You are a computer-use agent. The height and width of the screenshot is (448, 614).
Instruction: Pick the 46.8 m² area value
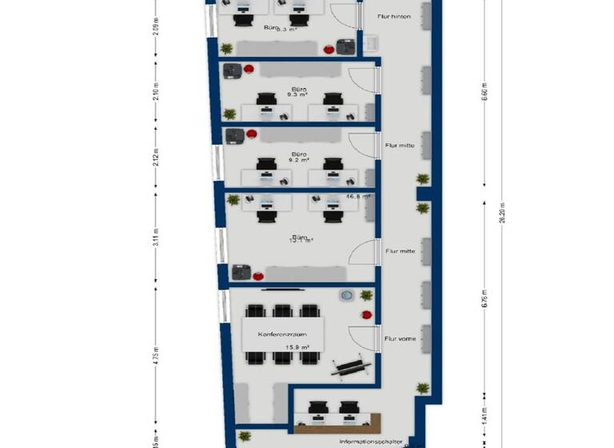[x=357, y=196]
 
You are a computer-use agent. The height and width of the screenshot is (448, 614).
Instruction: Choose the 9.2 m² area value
[x=298, y=159]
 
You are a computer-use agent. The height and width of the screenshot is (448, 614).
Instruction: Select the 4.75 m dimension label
[x=157, y=354]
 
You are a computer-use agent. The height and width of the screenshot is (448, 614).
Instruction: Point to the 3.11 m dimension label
[x=157, y=238]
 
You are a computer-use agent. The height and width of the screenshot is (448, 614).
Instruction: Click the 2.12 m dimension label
[x=157, y=157]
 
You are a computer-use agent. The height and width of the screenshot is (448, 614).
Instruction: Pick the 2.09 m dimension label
[x=157, y=27]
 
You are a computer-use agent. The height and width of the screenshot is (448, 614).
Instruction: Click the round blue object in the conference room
[x=347, y=296]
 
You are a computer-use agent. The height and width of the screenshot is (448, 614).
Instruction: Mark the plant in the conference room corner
[x=366, y=295]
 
